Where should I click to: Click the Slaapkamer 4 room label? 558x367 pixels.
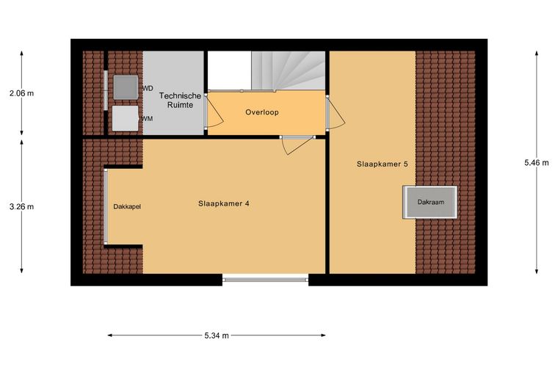[223, 203]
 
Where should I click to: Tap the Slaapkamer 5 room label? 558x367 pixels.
[383, 164]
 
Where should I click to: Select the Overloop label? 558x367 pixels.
[262, 112]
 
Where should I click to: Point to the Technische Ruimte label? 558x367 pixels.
[180, 101]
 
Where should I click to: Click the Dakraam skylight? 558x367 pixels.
[430, 202]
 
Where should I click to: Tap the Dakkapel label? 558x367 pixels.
[127, 206]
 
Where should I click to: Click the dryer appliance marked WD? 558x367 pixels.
[126, 87]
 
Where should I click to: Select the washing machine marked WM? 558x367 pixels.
[126, 118]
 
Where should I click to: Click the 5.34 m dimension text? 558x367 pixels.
[217, 335]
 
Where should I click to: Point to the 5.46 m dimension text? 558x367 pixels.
[537, 163]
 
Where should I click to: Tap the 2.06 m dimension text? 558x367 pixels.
[22, 93]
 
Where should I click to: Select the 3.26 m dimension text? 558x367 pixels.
[22, 206]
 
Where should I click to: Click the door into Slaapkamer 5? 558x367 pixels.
[335, 113]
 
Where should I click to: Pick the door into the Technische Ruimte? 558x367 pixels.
[214, 111]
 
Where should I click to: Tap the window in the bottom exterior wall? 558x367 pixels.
[266, 280]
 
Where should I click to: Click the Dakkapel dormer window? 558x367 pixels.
[106, 206]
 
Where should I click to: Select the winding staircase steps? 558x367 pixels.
[289, 70]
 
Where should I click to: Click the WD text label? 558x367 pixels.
[148, 88]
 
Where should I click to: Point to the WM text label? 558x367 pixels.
[147, 119]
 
